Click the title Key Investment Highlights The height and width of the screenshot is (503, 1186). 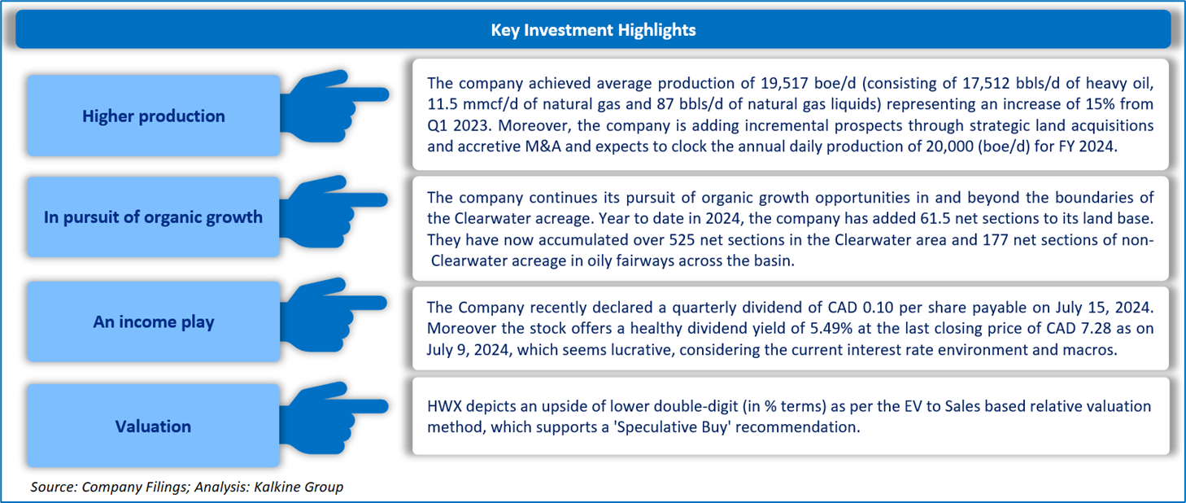point(593,29)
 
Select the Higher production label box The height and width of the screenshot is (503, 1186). point(154,116)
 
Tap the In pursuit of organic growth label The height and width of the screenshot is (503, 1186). point(153,217)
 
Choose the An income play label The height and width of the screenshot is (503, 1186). point(154,321)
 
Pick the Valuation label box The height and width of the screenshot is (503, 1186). point(153,426)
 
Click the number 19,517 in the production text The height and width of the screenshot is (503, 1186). point(785,83)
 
